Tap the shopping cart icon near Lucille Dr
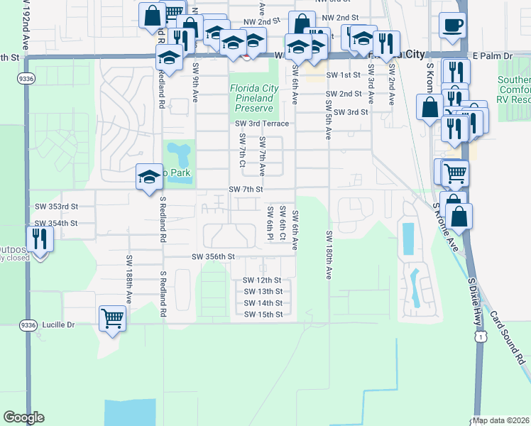coord(113,318)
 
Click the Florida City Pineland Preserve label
coord(254,98)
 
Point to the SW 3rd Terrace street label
coord(262,124)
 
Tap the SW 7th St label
coord(246,190)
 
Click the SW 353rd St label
coord(56,207)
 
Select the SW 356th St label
coord(213,256)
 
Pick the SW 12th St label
coord(263,280)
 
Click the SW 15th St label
coord(263,315)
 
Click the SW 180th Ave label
coord(329,254)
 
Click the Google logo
coord(23,417)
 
